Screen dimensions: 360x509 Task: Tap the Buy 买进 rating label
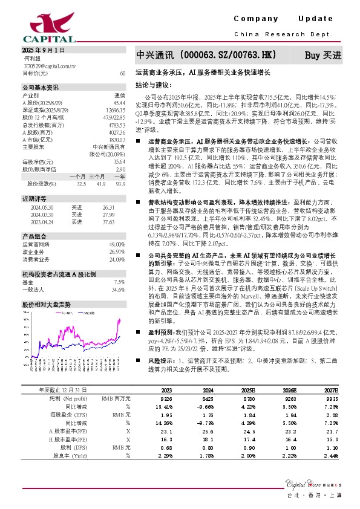pos(322,55)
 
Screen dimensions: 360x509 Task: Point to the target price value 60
pos(122,73)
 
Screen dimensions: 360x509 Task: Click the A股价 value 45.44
pos(119,102)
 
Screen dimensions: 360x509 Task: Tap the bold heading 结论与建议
pos(154,85)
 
